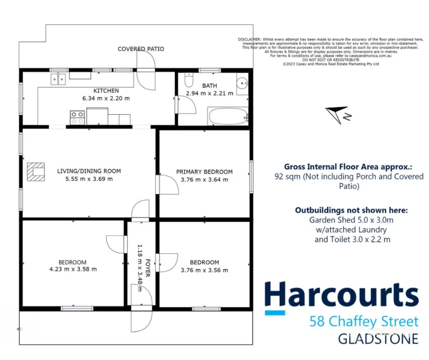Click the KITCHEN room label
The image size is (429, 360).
(x=106, y=90)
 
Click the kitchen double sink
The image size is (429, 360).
(x=58, y=79)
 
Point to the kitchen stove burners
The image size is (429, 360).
(x=77, y=117)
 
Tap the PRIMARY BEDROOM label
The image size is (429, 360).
(x=204, y=172)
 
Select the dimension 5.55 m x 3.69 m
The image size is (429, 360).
(x=89, y=179)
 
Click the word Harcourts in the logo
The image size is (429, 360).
(x=341, y=296)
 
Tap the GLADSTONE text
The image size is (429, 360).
(x=377, y=339)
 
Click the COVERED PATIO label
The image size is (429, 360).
(x=141, y=49)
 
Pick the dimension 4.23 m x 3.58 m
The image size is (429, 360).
(x=73, y=269)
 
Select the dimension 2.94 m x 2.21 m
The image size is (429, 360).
(x=209, y=93)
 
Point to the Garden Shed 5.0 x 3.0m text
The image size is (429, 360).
(x=351, y=220)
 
